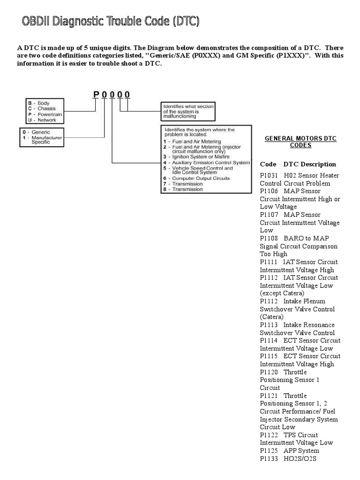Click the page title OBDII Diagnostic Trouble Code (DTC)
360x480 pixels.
pyautogui.click(x=111, y=22)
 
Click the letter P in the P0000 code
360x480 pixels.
pyautogui.click(x=97, y=95)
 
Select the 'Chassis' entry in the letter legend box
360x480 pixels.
pyautogui.click(x=46, y=109)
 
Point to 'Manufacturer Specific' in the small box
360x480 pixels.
pyautogui.click(x=47, y=140)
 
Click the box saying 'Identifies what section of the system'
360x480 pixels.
pyautogui.click(x=188, y=112)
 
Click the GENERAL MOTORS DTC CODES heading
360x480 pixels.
pyautogui.click(x=301, y=142)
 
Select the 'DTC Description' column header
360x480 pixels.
pyautogui.click(x=309, y=164)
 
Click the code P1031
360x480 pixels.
pyautogui.click(x=269, y=175)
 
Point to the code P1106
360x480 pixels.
pyautogui.click(x=269, y=191)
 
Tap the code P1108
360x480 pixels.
pyautogui.click(x=269, y=238)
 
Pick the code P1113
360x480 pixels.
pyautogui.click(x=269, y=325)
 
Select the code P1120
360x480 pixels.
pyautogui.click(x=269, y=372)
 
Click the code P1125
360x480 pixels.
pyautogui.click(x=269, y=450)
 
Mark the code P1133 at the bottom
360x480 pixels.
pyautogui.click(x=269, y=458)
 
